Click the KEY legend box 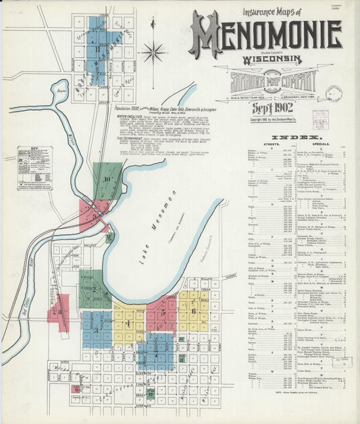35,167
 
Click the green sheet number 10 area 107,180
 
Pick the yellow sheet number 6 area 194,311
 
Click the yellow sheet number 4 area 128,323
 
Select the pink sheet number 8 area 59,312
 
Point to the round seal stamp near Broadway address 334,93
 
